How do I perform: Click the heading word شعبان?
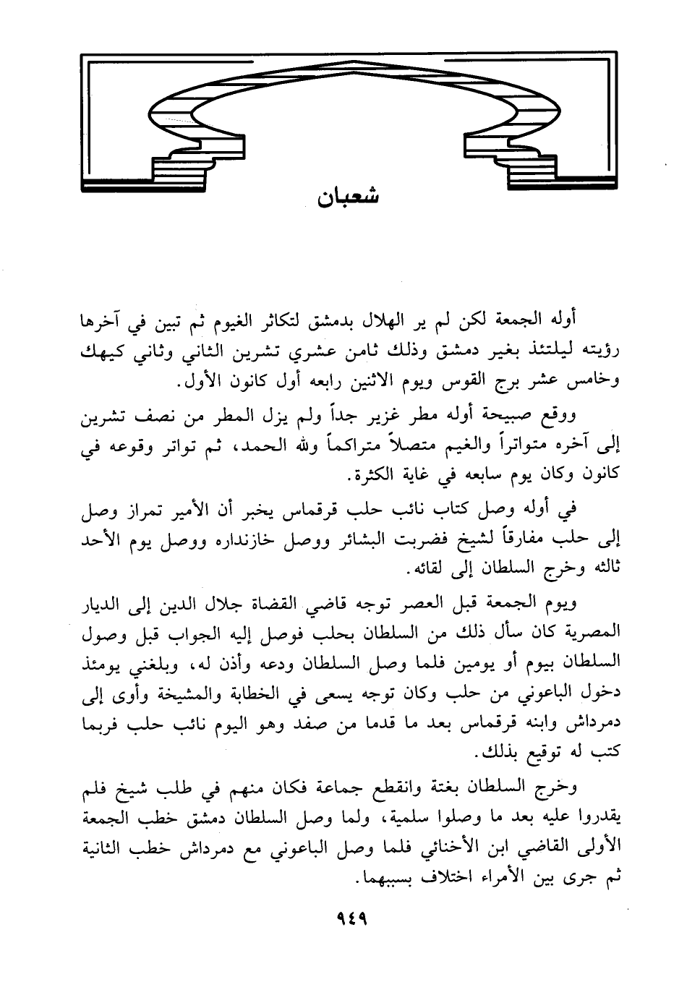click(349, 197)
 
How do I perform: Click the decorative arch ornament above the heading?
click(349, 116)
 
